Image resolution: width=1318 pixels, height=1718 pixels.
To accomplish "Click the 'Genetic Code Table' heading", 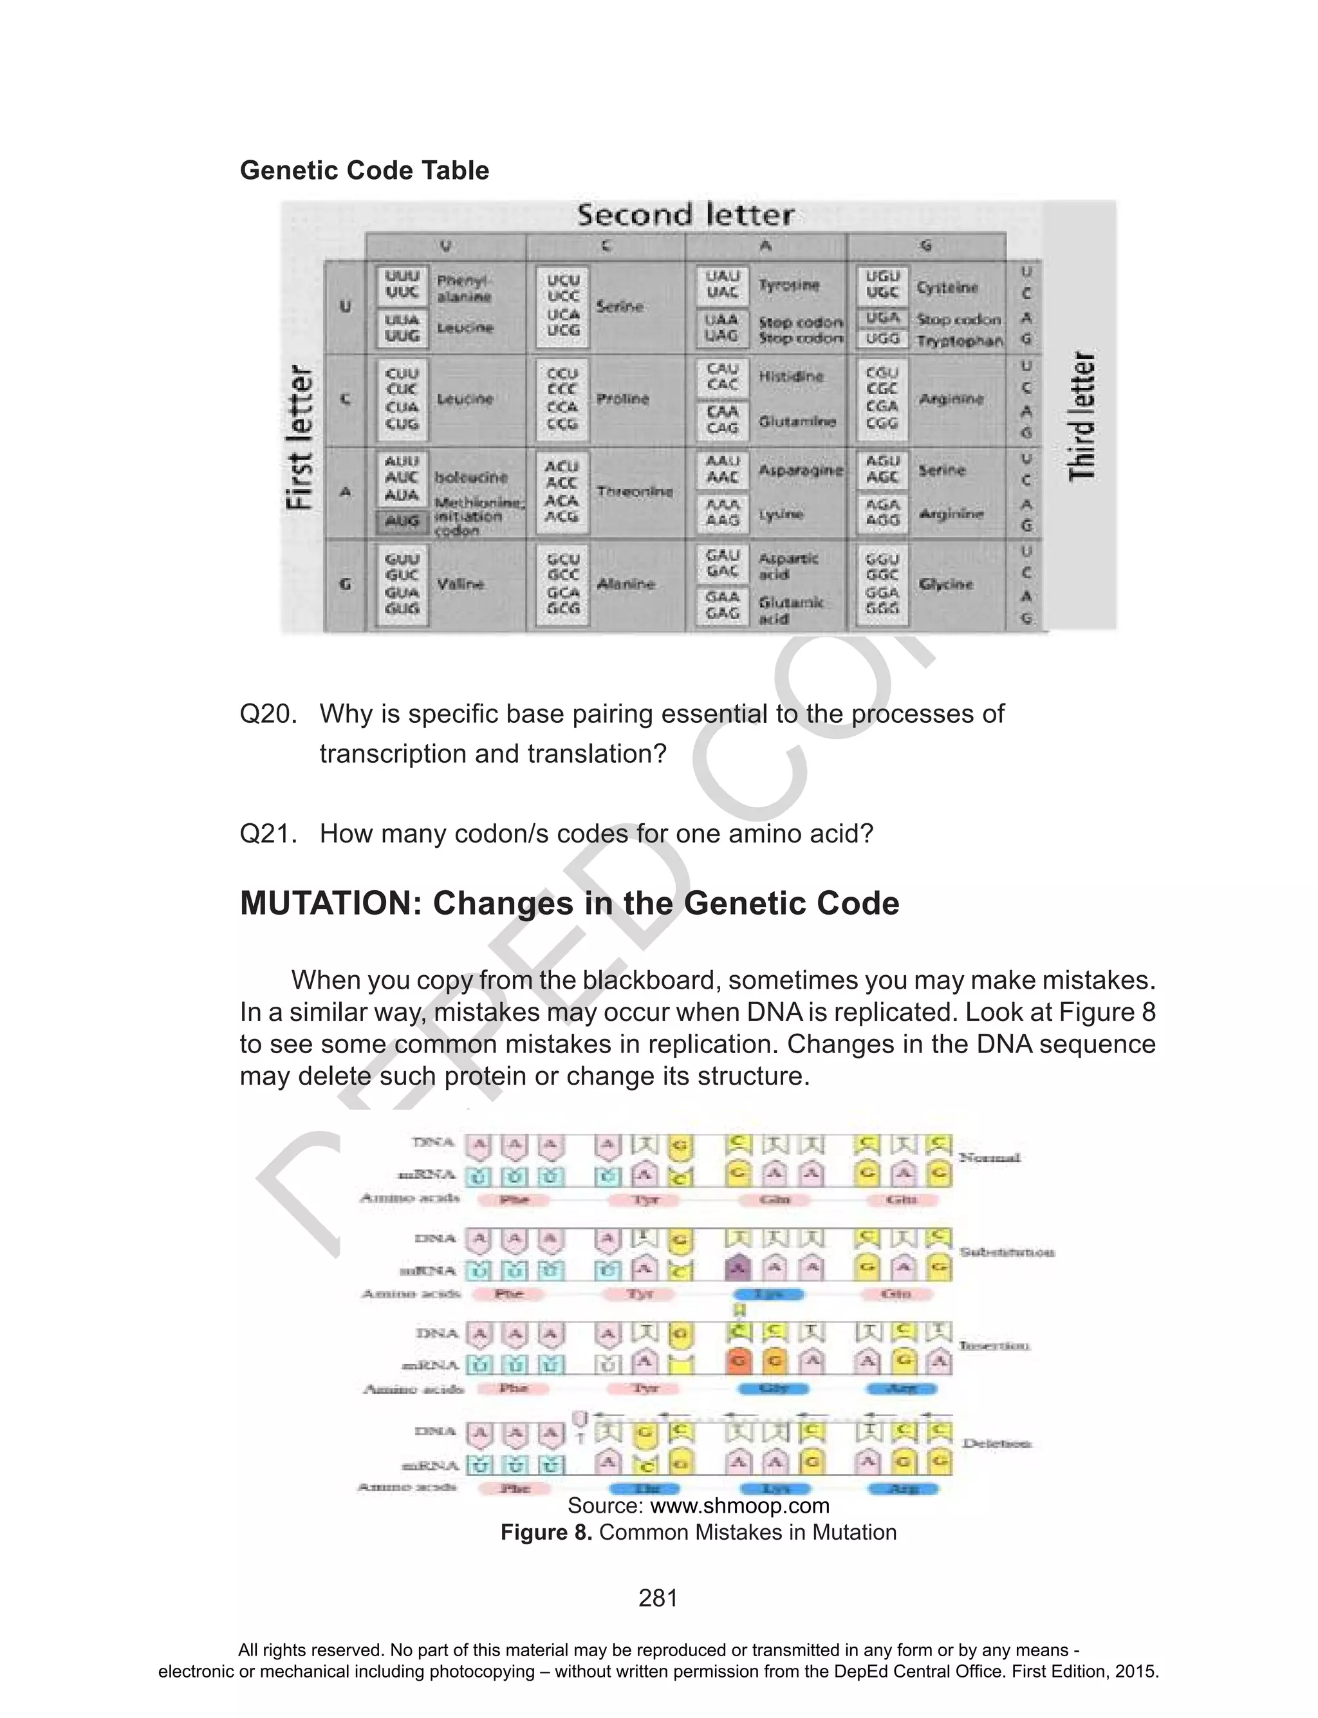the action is coord(364,170).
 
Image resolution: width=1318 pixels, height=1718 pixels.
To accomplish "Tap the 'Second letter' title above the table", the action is coord(685,215).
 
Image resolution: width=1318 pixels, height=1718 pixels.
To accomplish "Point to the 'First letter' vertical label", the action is coord(301,437).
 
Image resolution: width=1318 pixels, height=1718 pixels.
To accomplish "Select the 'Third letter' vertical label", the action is coord(1082,416).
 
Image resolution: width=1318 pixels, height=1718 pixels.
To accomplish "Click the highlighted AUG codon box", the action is coord(402,521).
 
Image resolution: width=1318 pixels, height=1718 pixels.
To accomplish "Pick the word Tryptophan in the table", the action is coord(960,341).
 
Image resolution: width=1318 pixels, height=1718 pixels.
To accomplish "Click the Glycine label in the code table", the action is coord(945,584).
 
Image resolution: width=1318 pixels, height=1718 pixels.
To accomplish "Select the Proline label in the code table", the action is coord(622,398).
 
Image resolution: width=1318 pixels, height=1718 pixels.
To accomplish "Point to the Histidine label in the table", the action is coord(791,377).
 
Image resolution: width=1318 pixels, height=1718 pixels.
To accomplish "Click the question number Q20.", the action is coord(268,714).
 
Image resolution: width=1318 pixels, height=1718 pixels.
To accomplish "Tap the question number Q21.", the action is coord(268,833).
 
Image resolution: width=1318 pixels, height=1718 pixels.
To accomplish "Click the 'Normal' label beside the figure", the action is coord(989,1158).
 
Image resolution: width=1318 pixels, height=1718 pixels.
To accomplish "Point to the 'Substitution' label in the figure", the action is coord(1007,1252).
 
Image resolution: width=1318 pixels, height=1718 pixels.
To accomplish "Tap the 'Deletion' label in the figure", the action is coord(996,1443).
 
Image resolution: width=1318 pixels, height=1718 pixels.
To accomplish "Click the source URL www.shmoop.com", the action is coord(740,1506).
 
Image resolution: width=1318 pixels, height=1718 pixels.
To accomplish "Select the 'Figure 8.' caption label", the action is coord(546,1532).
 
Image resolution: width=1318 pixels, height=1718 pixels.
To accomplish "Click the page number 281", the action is coord(658,1598).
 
